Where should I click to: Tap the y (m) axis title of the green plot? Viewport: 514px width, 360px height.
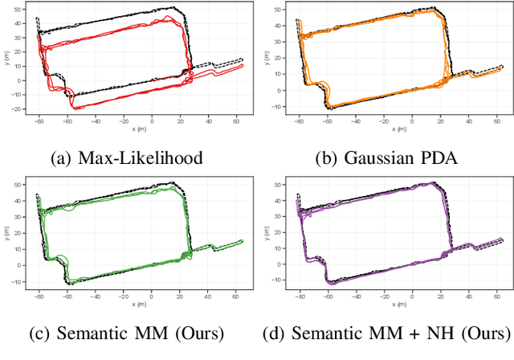7,235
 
